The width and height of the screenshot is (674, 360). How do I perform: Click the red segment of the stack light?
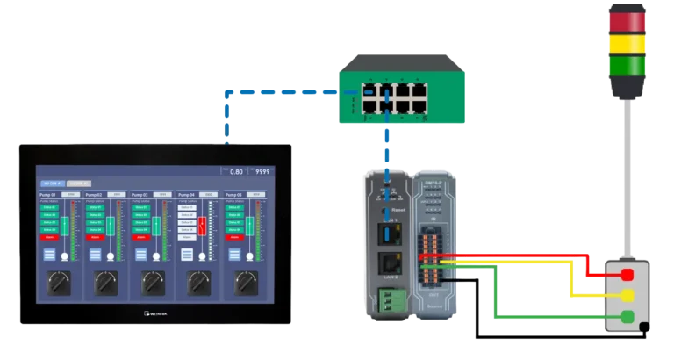click(x=627, y=20)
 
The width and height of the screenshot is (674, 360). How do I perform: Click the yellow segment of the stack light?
click(x=627, y=43)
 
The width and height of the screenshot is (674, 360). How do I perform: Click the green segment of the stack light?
click(x=627, y=66)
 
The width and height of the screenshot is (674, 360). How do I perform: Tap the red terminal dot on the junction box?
click(x=628, y=275)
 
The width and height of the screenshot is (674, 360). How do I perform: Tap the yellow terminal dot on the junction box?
click(x=628, y=295)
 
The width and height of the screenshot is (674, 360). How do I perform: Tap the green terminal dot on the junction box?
click(x=628, y=315)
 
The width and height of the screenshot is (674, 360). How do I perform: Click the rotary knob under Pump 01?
click(x=61, y=283)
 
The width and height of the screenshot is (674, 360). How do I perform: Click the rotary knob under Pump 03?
click(x=153, y=283)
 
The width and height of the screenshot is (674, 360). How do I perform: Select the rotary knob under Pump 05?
click(x=244, y=283)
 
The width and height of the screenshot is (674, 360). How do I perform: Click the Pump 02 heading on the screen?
click(x=95, y=193)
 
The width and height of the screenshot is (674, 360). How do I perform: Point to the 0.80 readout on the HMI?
click(x=234, y=172)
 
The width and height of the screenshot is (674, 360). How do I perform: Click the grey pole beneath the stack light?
click(x=627, y=176)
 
